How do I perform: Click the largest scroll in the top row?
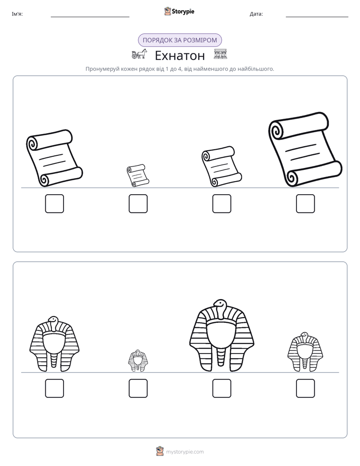click(x=306, y=149)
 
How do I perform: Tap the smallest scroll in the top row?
click(x=138, y=176)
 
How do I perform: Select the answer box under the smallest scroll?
click(x=138, y=204)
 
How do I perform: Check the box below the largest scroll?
click(x=306, y=204)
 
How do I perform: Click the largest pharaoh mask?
click(x=221, y=335)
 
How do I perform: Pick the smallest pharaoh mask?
click(x=138, y=361)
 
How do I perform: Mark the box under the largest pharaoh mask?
click(x=222, y=388)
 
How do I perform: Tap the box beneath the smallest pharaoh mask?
click(x=138, y=388)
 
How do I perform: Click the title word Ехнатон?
click(x=180, y=55)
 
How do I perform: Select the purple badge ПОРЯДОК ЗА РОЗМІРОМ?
click(x=180, y=40)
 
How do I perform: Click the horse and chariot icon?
click(x=139, y=54)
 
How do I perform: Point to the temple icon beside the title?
click(x=220, y=54)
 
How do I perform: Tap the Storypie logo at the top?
click(x=179, y=11)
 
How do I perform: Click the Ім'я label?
click(x=17, y=14)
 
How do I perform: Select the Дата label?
click(x=256, y=14)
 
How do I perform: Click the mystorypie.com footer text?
click(x=185, y=452)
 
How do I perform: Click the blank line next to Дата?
click(x=317, y=17)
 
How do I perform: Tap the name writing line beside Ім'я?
click(x=90, y=17)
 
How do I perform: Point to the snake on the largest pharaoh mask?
click(x=220, y=309)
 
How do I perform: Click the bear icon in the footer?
click(x=160, y=451)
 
